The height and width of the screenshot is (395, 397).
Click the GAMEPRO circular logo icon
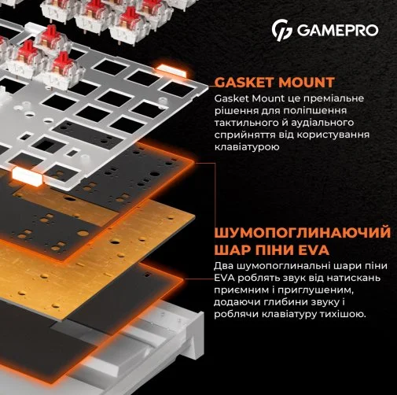[x=281, y=31]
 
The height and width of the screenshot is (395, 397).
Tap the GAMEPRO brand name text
[x=337, y=30]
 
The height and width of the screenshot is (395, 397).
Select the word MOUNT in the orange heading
[x=306, y=83]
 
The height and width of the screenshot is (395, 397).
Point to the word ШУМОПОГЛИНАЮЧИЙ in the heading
[x=302, y=234]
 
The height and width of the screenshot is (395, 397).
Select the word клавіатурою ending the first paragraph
[x=247, y=147]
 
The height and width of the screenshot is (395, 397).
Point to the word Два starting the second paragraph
[x=223, y=266]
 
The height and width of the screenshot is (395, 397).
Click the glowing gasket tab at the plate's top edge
[x=172, y=70]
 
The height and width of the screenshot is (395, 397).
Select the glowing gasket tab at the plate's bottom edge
[x=27, y=175]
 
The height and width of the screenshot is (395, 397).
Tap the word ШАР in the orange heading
[x=230, y=250]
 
